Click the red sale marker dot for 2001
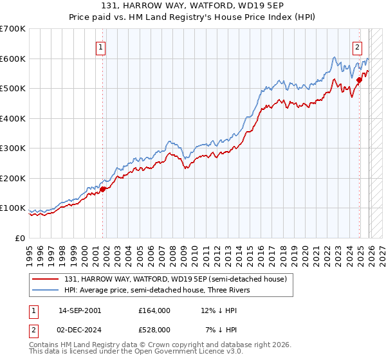coord(102,189)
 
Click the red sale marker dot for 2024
coord(359,80)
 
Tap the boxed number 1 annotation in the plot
coord(102,46)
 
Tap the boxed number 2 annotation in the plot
coord(357,46)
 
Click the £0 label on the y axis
coord(21,238)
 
